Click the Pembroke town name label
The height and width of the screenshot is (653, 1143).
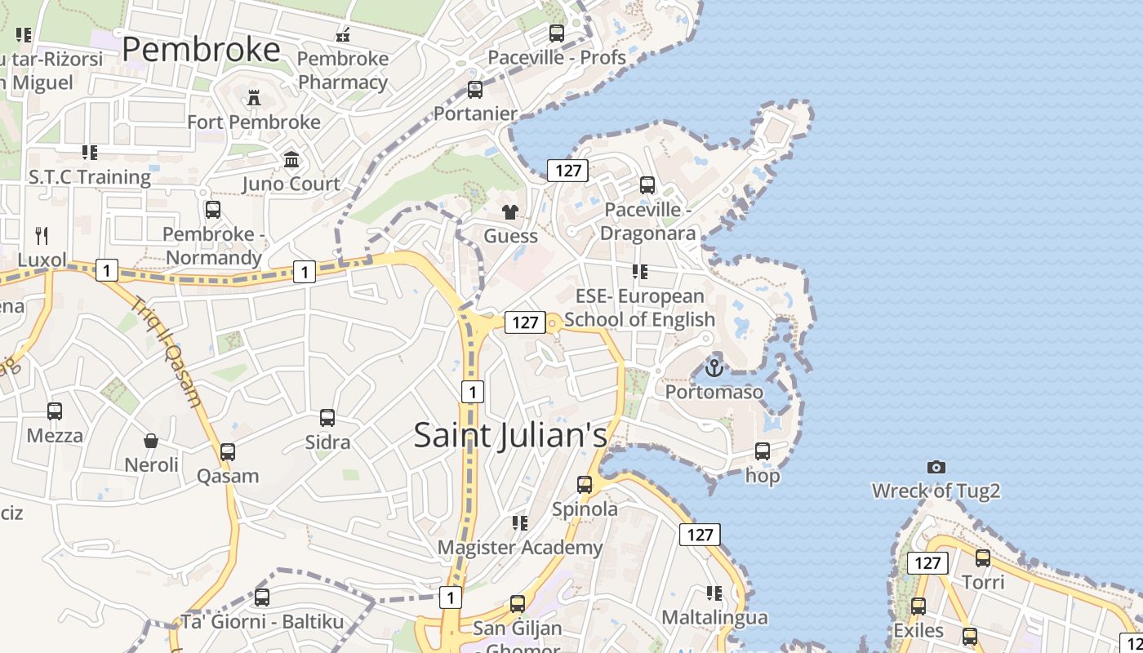[x=201, y=51]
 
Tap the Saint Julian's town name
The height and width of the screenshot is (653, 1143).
[x=510, y=434]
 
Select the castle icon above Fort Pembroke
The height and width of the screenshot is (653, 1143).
[x=254, y=99]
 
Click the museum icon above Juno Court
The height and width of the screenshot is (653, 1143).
[x=291, y=160]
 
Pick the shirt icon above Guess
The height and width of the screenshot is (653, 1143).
[x=511, y=213]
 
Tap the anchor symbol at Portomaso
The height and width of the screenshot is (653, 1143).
[x=714, y=368]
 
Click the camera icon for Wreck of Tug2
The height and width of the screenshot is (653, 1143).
[x=936, y=468]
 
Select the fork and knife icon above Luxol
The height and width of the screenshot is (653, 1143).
[x=42, y=237]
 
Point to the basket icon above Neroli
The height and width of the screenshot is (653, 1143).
[x=151, y=442]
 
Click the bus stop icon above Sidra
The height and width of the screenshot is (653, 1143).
[x=327, y=418]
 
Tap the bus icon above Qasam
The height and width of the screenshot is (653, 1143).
[x=228, y=452]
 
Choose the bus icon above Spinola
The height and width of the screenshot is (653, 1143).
[x=585, y=485]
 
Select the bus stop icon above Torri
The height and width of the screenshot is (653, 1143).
[x=983, y=558]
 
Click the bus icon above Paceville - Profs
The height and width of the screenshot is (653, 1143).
[x=557, y=33]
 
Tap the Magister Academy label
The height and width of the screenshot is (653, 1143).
[x=520, y=547]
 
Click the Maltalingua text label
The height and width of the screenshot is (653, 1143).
[x=714, y=617]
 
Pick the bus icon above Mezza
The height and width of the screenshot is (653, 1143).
[x=55, y=411]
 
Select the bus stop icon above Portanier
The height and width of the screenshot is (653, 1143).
[x=475, y=90]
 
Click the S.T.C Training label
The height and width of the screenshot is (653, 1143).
[x=90, y=177]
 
